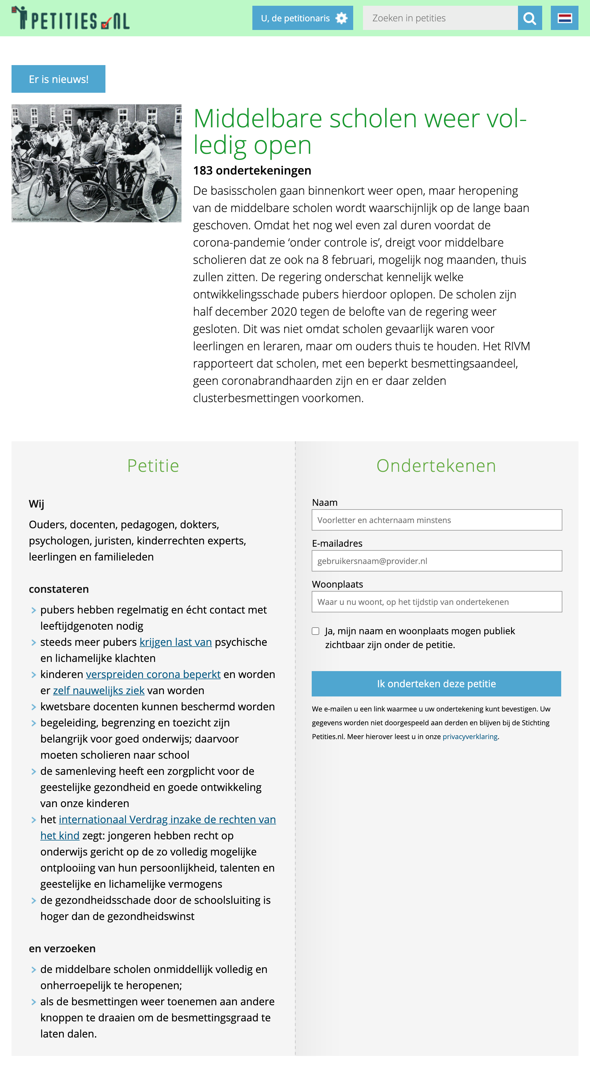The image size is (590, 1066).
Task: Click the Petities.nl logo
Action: click(70, 18)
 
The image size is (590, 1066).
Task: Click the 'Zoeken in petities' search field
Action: click(440, 18)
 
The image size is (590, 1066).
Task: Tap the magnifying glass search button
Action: click(530, 18)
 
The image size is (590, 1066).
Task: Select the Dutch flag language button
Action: click(564, 18)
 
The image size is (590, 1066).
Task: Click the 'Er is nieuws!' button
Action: click(58, 79)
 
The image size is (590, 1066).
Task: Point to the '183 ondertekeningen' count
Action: click(252, 171)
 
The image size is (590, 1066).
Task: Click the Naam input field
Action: click(436, 520)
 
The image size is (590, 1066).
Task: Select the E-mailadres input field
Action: click(436, 561)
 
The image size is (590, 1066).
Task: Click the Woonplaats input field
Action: click(436, 602)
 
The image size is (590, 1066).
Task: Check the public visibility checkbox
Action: click(315, 631)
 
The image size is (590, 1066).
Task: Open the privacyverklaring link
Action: click(470, 736)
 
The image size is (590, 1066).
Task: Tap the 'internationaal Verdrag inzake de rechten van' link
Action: click(167, 819)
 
